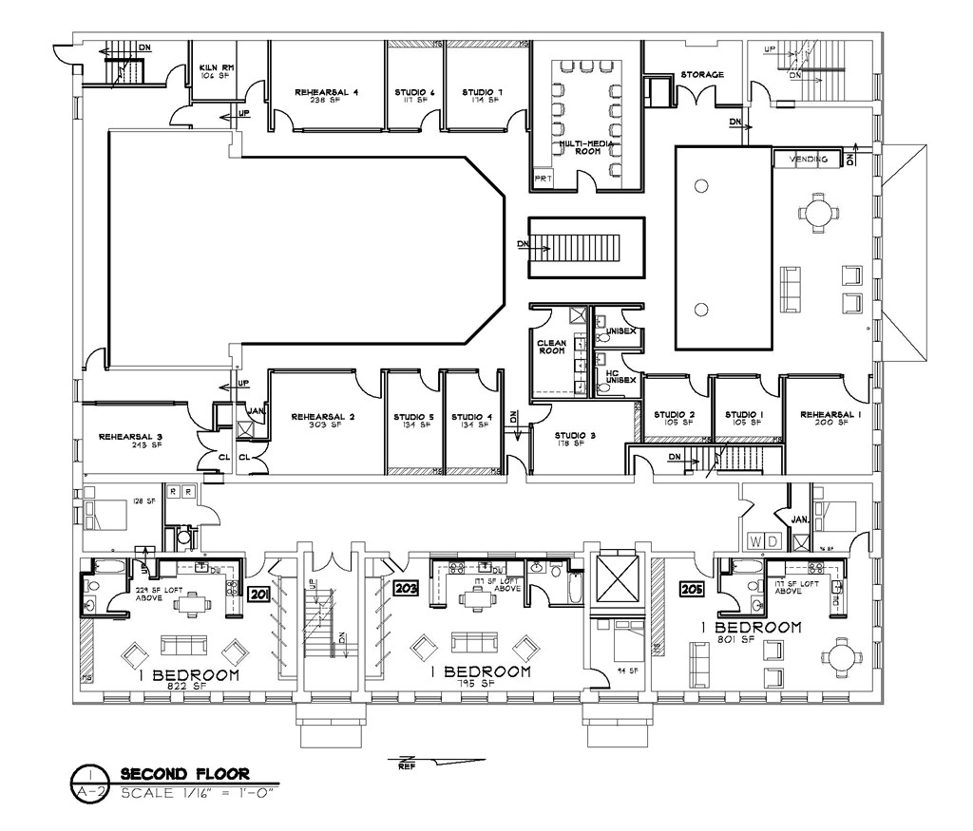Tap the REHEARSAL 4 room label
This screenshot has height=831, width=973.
tap(326, 93)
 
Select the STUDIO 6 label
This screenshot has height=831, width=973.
tap(414, 93)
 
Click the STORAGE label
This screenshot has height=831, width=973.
tap(701, 74)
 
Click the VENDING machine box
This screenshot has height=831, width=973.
tap(809, 160)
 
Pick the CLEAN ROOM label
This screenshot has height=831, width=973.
tap(551, 347)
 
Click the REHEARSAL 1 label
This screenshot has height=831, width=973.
tap(824, 417)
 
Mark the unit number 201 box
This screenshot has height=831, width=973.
tap(258, 595)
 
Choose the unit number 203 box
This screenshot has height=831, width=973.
tap(407, 589)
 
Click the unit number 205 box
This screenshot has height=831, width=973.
tap(691, 589)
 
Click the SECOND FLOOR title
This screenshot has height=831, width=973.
tap(185, 774)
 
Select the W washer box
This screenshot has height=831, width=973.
tap(756, 541)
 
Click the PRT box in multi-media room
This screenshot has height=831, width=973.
tap(543, 179)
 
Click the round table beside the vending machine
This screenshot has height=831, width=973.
tap(818, 212)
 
